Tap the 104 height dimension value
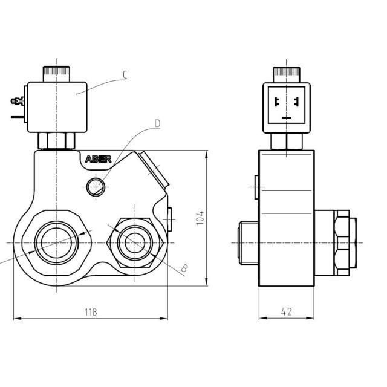(201, 218)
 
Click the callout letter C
(124, 75)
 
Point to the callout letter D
(157, 123)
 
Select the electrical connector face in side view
(286, 107)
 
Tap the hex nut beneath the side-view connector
(286, 141)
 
